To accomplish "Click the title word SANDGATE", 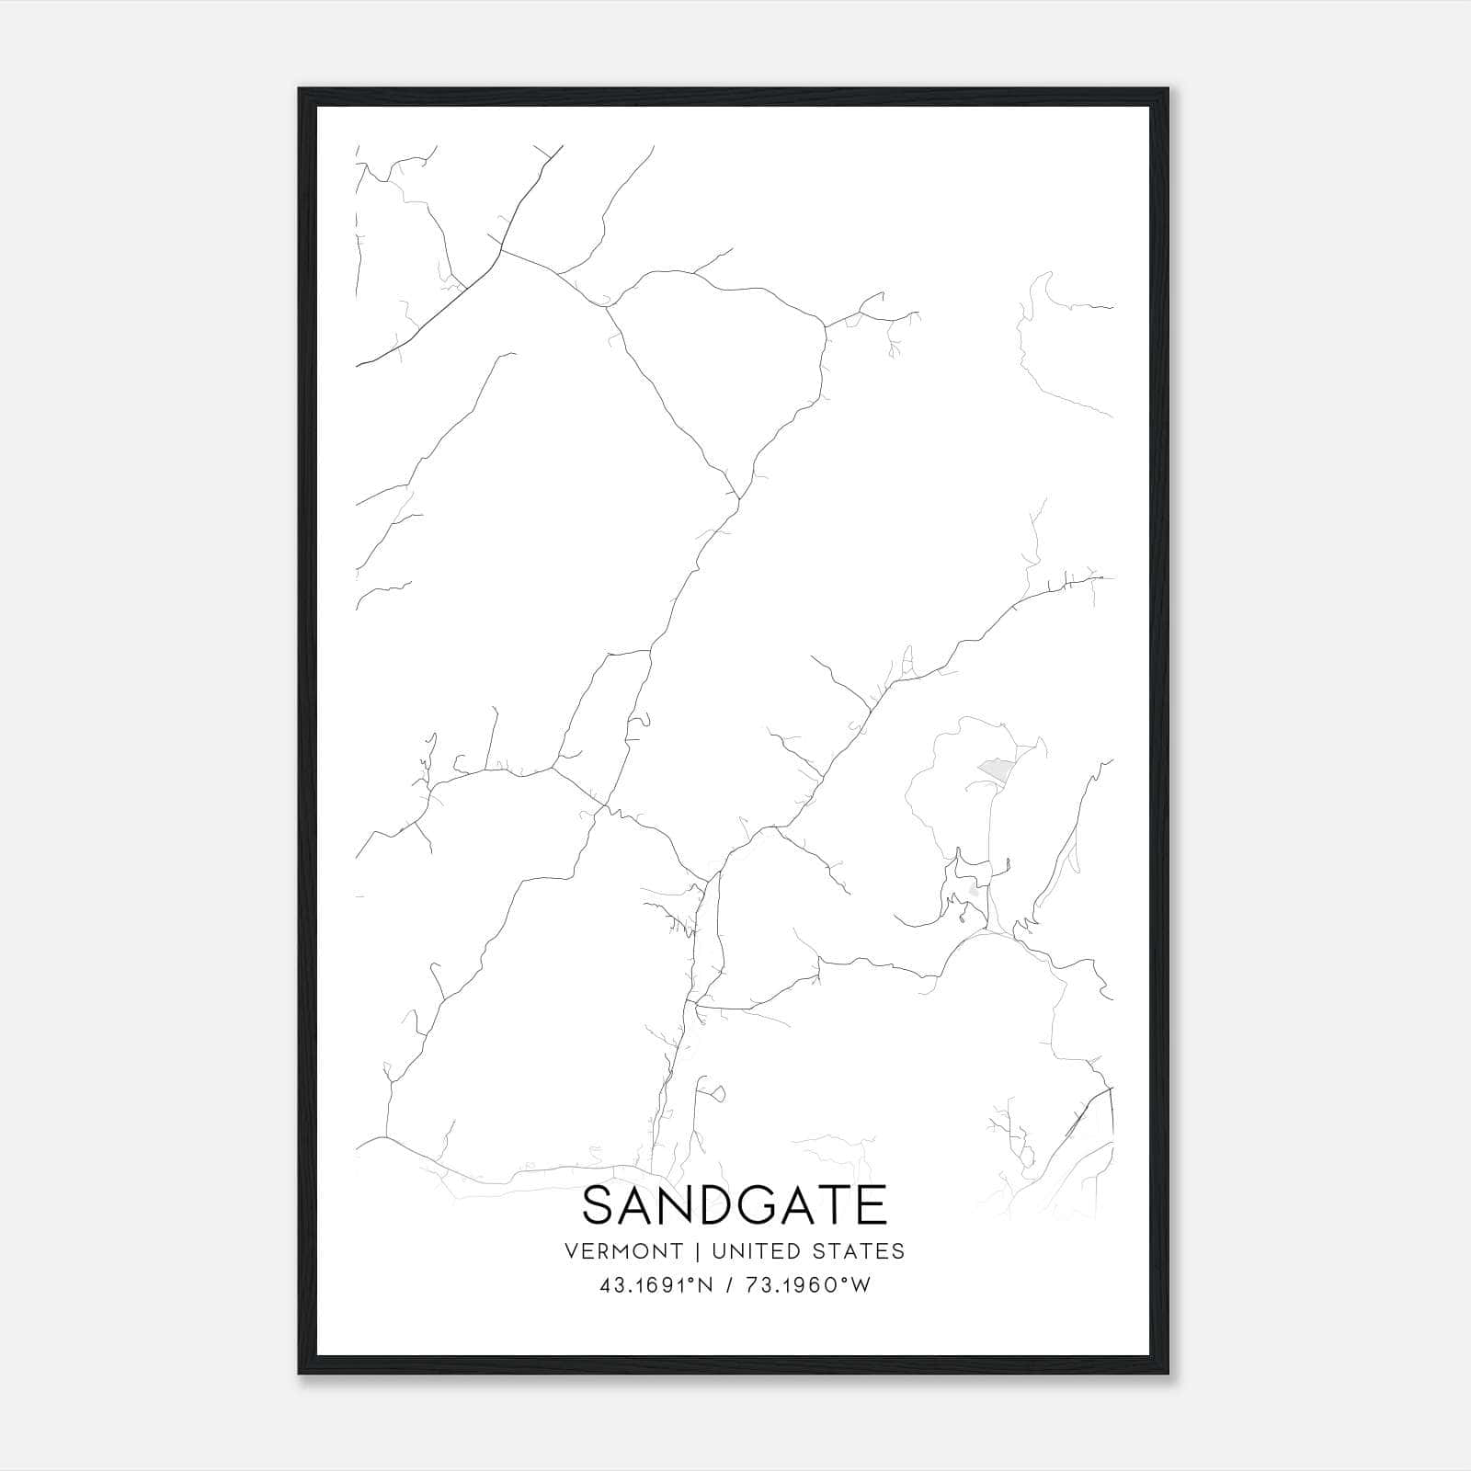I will click(x=735, y=1205).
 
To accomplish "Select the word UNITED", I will click(x=756, y=1251).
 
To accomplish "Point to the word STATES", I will click(x=860, y=1251).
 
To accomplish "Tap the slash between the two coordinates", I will click(x=729, y=1285).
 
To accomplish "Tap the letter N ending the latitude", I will click(x=706, y=1285).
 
